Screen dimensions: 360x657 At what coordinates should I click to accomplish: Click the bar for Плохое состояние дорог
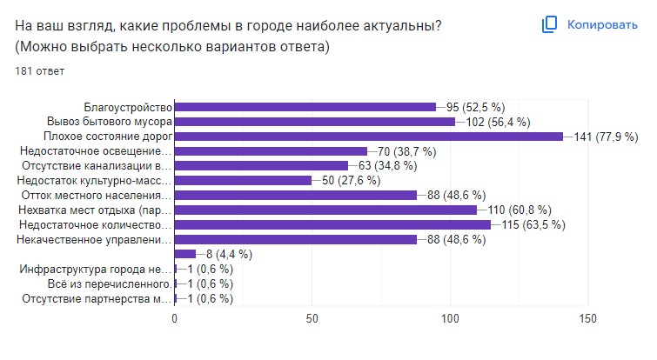tap(369, 137)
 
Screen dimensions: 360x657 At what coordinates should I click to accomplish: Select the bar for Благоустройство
tap(305, 107)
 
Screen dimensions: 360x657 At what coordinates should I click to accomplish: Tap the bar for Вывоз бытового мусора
tap(315, 122)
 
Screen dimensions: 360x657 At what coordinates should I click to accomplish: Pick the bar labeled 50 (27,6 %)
tap(243, 180)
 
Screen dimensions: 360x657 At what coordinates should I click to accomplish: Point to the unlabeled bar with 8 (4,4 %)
tap(185, 254)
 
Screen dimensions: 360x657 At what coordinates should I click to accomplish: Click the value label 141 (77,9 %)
tap(606, 137)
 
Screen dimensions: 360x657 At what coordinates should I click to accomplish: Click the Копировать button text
tap(602, 25)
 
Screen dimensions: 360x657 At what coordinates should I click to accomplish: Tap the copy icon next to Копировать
tap(549, 25)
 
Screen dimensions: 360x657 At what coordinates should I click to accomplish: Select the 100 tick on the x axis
tap(451, 318)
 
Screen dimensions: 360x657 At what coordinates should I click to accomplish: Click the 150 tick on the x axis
tap(588, 318)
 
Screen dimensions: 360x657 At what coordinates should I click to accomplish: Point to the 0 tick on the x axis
tap(175, 318)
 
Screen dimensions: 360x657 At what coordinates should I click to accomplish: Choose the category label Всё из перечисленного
tap(108, 283)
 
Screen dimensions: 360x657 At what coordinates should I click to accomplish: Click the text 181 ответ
tap(40, 71)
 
